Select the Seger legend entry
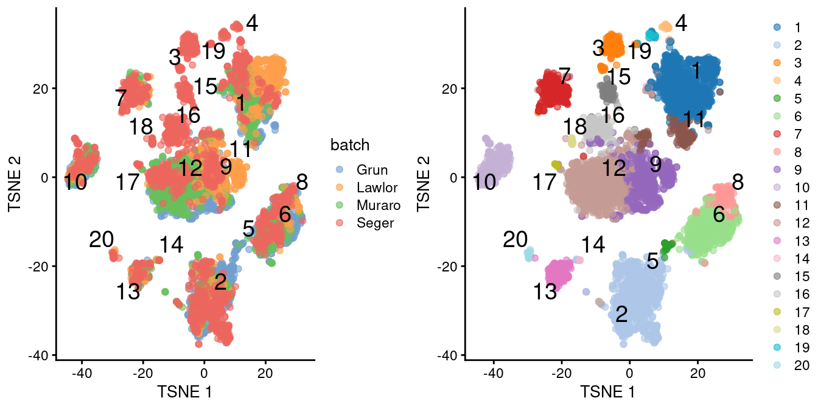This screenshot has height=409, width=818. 371,223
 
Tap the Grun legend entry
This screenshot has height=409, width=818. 369,170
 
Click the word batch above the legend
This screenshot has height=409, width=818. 351,145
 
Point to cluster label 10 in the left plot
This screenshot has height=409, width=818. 76,181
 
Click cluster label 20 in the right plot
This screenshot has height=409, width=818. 515,240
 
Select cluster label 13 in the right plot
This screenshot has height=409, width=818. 545,293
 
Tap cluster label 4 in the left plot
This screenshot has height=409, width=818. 251,24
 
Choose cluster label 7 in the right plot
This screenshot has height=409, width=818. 565,75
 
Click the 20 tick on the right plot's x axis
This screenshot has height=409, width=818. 697,370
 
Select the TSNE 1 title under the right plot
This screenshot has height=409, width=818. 608,393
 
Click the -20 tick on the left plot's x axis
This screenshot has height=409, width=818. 143,370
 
